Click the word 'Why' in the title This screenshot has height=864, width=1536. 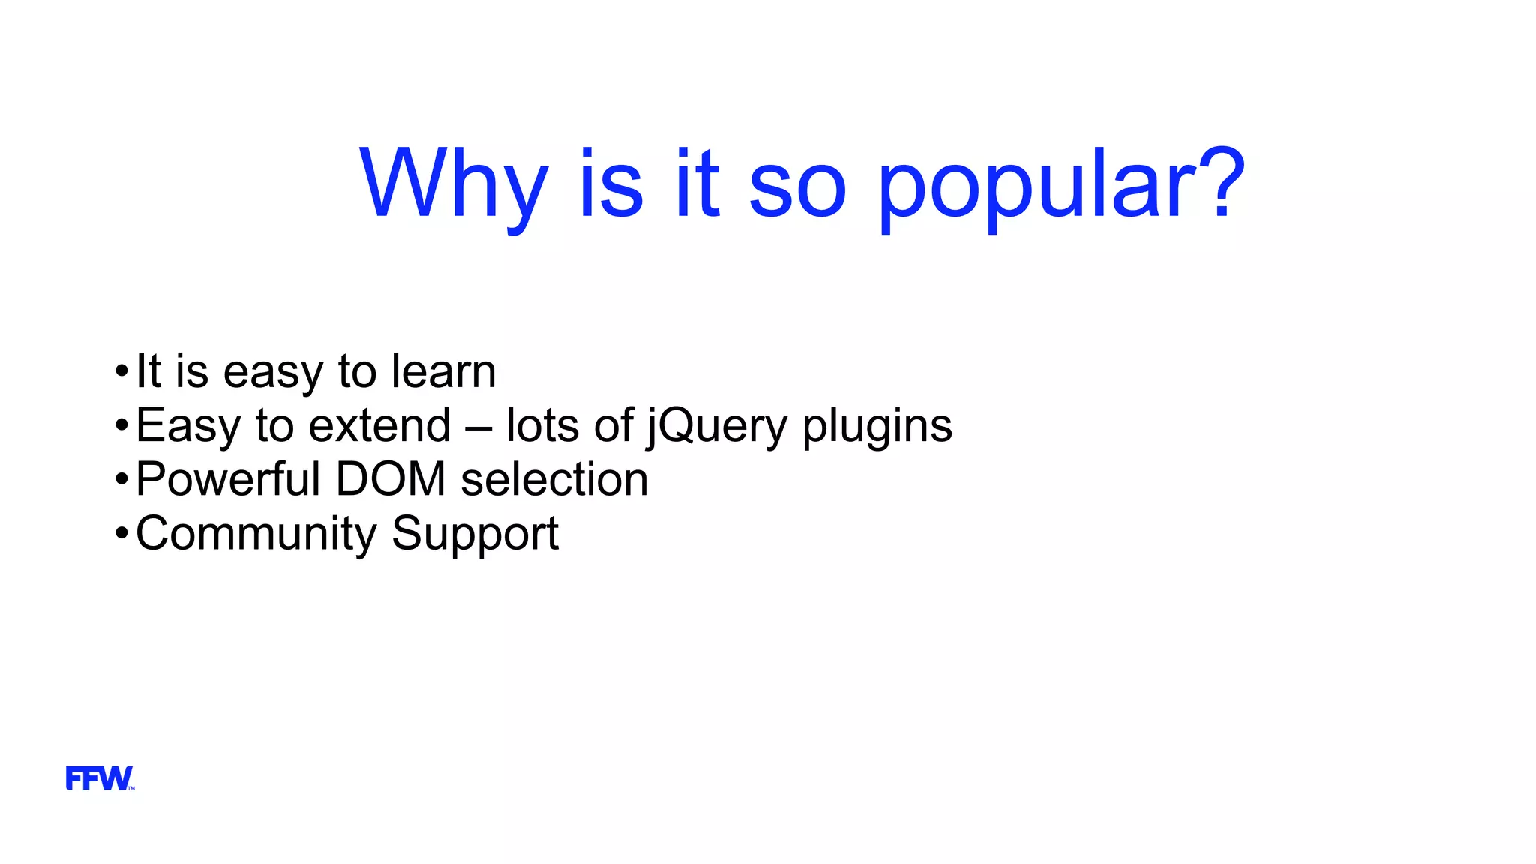(454, 184)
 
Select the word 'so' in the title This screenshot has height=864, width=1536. (797, 187)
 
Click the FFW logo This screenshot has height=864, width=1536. (100, 778)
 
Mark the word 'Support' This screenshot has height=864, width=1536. (475, 534)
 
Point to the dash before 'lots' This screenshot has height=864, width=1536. (478, 427)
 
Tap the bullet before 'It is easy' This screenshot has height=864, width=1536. (122, 371)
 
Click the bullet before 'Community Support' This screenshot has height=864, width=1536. (122, 534)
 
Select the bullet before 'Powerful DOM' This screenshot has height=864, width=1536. (122, 480)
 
